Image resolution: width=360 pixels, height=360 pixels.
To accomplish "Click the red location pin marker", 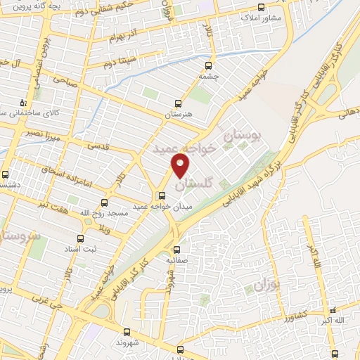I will click(181, 165).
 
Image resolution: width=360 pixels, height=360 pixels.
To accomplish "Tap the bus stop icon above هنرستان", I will click(178, 102).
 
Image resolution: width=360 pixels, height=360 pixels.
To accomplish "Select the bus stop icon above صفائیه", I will click(176, 249).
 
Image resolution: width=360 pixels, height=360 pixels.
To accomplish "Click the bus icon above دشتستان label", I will click(6, 174).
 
